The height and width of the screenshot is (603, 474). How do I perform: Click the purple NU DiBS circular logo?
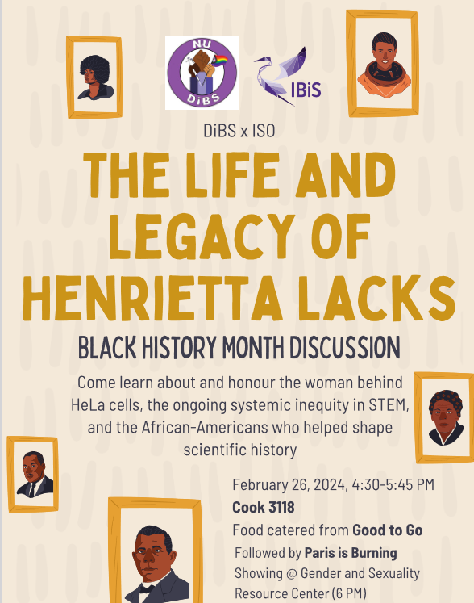click(202, 73)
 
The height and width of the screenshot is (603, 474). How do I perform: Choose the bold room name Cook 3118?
click(263, 508)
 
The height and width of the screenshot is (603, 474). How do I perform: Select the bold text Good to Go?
click(387, 530)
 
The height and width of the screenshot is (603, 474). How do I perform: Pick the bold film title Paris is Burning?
click(351, 553)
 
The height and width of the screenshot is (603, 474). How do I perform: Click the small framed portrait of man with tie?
click(33, 474)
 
